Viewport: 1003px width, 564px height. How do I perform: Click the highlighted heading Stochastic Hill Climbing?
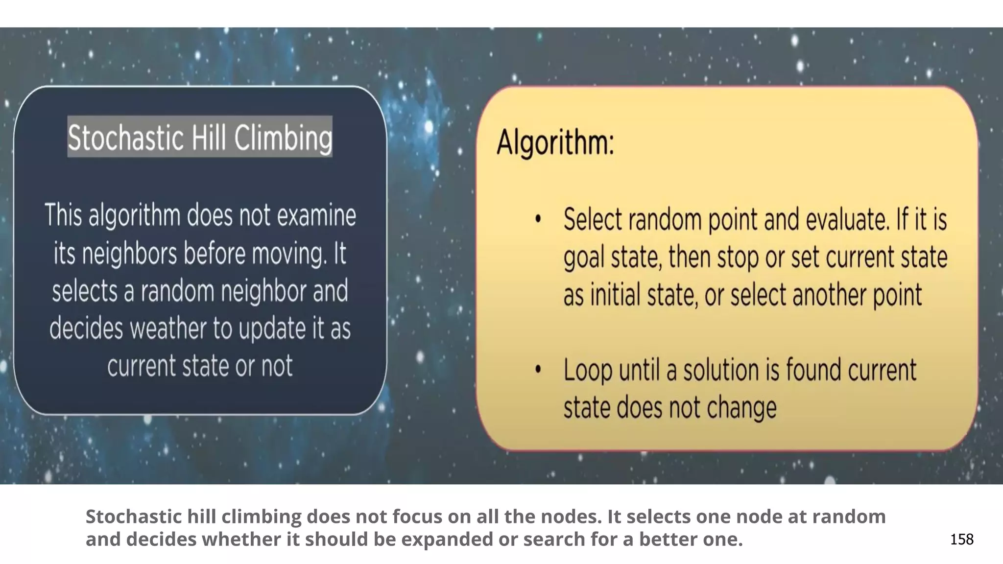200,137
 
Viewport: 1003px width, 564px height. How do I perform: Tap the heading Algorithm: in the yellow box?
555,142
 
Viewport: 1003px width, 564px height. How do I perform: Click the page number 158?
962,539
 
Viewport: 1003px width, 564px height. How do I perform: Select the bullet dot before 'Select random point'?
538,219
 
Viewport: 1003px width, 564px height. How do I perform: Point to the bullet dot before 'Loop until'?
538,370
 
